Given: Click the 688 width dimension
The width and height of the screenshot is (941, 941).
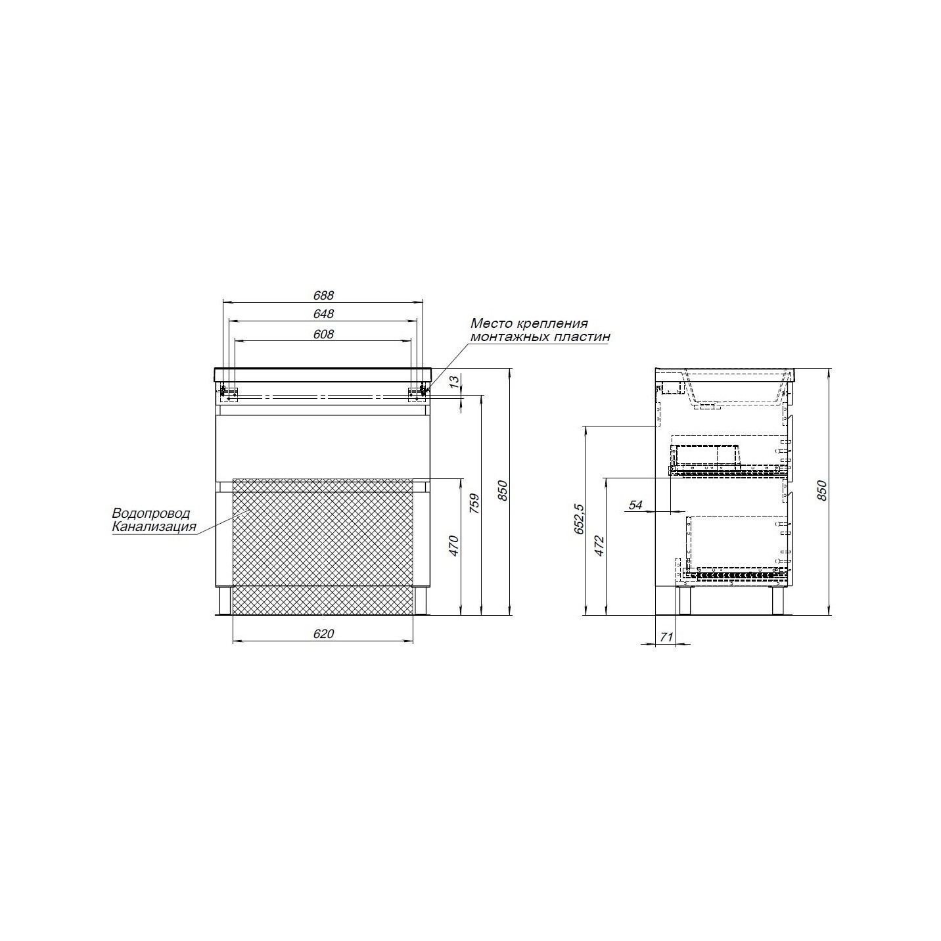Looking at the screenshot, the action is point(323,296).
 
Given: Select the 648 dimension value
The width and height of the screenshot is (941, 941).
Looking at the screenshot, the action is point(323,314).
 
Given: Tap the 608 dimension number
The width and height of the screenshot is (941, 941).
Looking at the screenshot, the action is point(323,334).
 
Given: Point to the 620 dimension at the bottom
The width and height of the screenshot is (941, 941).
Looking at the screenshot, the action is point(323,633).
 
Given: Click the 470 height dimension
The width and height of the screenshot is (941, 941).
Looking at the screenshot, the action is point(453,546).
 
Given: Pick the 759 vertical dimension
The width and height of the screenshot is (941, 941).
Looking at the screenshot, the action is point(474,503).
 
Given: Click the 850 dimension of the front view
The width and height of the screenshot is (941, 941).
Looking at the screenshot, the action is point(503,491).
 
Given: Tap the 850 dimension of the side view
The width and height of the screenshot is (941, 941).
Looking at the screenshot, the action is point(822,491).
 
